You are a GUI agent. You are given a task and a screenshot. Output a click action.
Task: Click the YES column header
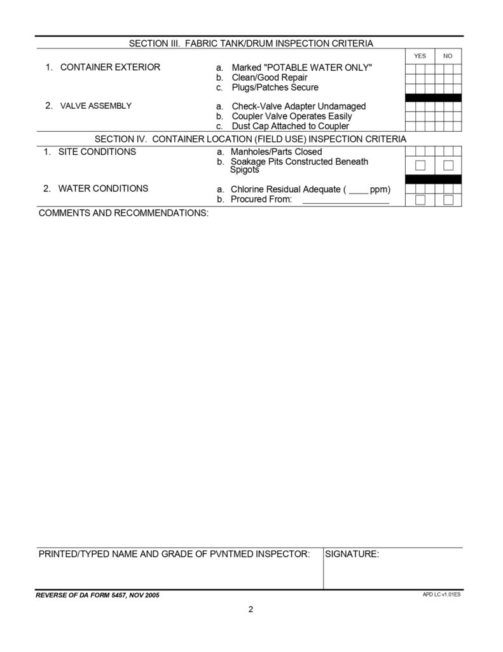tap(420, 56)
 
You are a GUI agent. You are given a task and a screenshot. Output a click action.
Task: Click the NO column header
tap(448, 56)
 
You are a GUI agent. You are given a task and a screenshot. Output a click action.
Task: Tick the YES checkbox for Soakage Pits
tap(420, 166)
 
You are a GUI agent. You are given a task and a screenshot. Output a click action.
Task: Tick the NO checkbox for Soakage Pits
tap(448, 166)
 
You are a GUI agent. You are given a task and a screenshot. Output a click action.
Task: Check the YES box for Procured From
tap(420, 200)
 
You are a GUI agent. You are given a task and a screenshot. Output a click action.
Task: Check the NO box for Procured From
tap(448, 200)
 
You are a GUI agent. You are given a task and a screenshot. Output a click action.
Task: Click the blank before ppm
tap(358, 190)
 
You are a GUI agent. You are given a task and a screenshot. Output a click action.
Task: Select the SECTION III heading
tap(251, 43)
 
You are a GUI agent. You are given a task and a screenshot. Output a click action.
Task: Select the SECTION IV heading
tap(251, 139)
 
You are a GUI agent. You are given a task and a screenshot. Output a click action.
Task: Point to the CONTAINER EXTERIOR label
tap(110, 67)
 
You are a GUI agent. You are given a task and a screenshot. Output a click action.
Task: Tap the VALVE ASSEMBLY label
tap(95, 106)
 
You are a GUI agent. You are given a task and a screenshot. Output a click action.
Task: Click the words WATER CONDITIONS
tap(103, 188)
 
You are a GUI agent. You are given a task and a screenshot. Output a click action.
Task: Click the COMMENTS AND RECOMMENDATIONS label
tap(123, 213)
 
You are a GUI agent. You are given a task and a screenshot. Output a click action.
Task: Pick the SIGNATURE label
tap(352, 555)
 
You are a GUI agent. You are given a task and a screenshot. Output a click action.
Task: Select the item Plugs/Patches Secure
tap(275, 87)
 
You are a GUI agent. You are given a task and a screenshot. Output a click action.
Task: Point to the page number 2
tap(251, 609)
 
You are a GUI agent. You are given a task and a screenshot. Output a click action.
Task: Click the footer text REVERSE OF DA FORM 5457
tap(98, 595)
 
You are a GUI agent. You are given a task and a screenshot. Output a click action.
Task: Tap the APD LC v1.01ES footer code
tap(441, 593)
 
